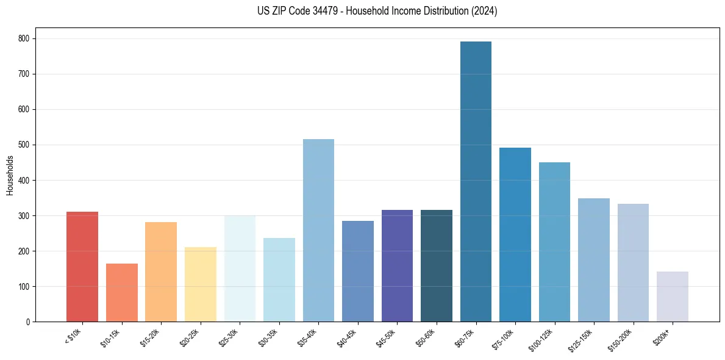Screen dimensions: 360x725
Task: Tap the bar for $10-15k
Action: [x=122, y=292]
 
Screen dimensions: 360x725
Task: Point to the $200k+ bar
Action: [x=673, y=297]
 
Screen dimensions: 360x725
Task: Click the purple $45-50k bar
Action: [x=397, y=265]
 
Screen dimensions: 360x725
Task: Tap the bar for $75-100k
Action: [x=515, y=234]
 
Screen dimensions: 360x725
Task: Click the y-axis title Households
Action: [x=10, y=175]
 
